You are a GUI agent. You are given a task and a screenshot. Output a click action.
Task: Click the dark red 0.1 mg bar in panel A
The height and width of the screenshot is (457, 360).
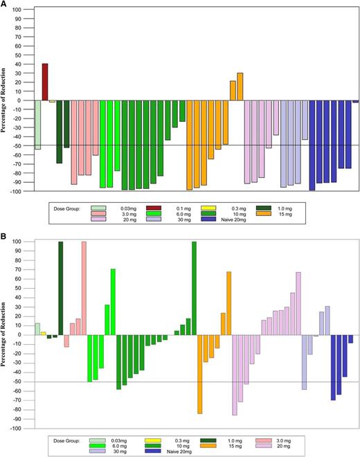click(x=45, y=82)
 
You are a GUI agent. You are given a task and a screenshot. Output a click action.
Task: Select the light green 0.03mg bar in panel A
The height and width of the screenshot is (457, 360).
click(x=37, y=125)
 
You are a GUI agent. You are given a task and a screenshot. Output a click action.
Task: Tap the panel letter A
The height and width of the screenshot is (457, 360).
click(x=5, y=5)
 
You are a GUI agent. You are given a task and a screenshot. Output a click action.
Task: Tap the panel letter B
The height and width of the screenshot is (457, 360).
click(x=5, y=235)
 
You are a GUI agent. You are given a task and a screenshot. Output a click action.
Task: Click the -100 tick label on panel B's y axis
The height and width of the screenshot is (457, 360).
click(x=25, y=428)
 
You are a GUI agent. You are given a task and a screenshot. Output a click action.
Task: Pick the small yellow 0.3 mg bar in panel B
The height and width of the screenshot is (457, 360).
click(x=43, y=333)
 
